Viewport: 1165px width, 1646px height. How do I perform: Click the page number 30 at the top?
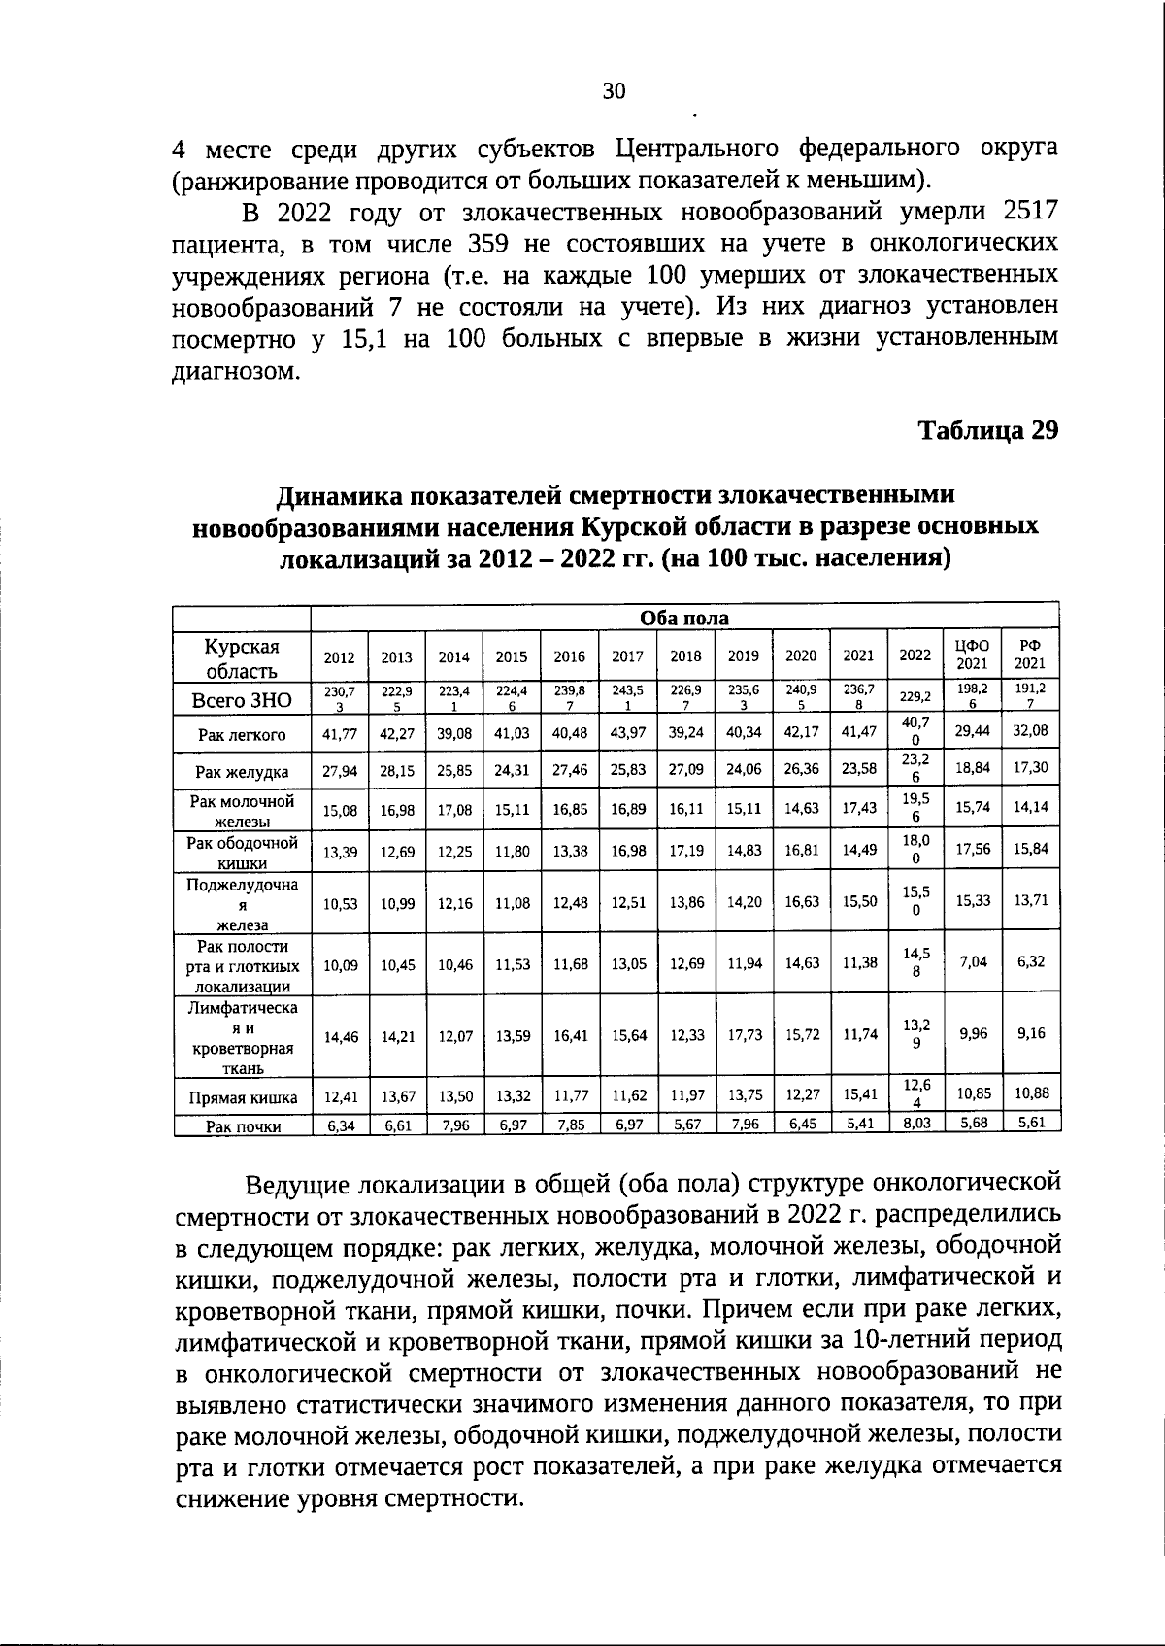pos(614,91)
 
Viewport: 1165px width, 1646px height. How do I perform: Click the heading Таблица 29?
pos(987,429)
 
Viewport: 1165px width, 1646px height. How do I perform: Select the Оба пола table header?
pos(683,619)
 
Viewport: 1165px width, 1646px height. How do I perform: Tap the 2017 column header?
pos(627,656)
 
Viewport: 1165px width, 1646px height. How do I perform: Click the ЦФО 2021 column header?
pos(972,655)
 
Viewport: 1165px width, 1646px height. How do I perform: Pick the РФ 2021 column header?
pos(1030,655)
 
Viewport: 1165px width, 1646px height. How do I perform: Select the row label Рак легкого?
pos(242,735)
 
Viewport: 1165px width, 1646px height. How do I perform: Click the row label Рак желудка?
pos(242,772)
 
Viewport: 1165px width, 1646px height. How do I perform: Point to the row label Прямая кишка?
pos(242,1098)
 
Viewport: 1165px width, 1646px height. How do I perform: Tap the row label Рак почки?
pos(242,1126)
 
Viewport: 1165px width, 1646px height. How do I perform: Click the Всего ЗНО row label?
pos(242,700)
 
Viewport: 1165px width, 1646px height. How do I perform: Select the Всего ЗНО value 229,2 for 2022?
pos(915,696)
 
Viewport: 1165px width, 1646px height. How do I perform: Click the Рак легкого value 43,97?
pos(628,733)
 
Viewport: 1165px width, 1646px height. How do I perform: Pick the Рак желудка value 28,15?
pos(397,770)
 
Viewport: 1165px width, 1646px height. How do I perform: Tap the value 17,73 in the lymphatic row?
pos(744,1036)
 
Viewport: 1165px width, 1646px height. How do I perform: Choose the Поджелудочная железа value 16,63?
pos(801,901)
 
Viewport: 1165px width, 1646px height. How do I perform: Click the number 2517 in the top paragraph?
pos(1028,211)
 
